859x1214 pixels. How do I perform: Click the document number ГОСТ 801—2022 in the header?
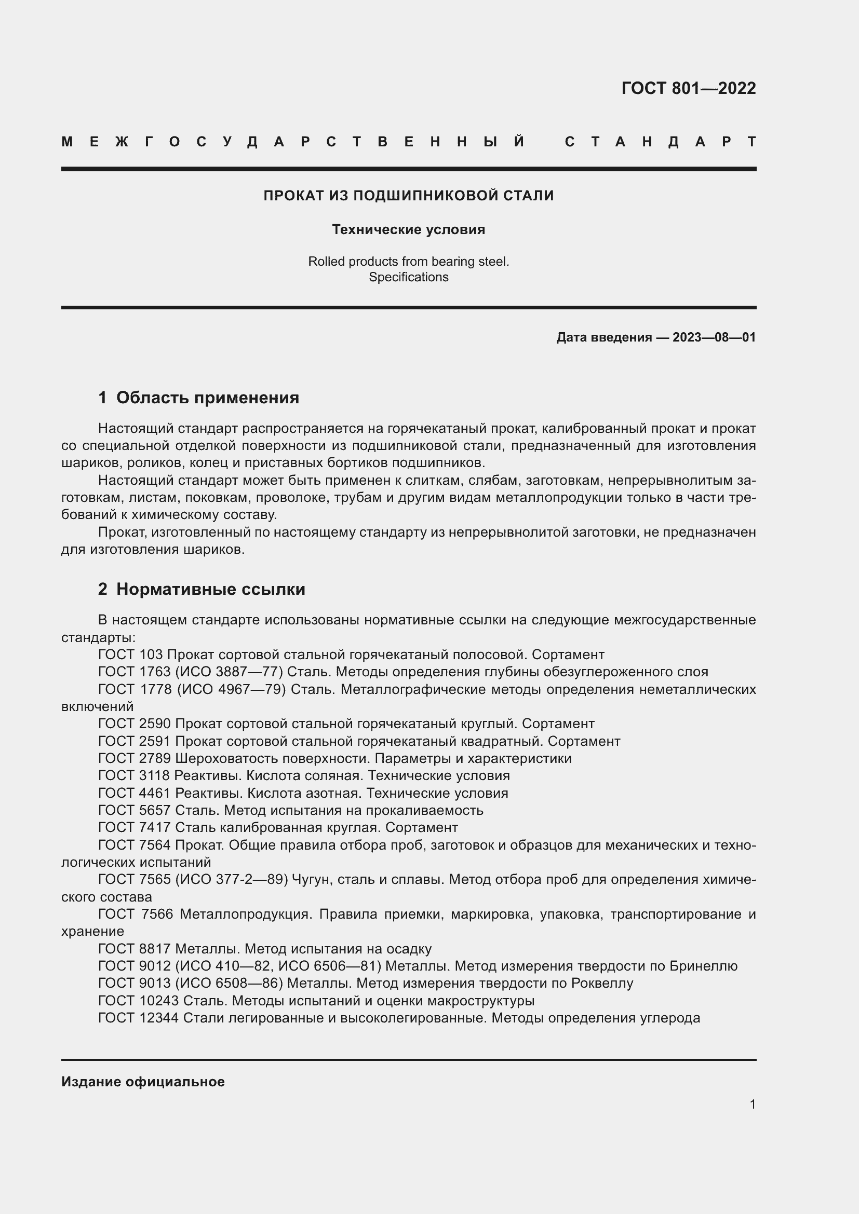pyautogui.click(x=688, y=88)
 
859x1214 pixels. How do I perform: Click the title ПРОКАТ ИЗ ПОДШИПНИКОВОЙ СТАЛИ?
pyautogui.click(x=408, y=196)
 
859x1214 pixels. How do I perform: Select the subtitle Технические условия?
pyautogui.click(x=408, y=229)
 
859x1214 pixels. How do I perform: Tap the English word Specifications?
pyautogui.click(x=408, y=277)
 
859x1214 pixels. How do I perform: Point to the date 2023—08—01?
pyautogui.click(x=714, y=337)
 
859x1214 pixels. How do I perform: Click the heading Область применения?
pyautogui.click(x=207, y=398)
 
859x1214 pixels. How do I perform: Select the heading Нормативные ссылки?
pyautogui.click(x=210, y=589)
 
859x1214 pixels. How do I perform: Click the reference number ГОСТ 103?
pyautogui.click(x=131, y=654)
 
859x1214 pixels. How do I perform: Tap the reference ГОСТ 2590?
pyautogui.click(x=135, y=724)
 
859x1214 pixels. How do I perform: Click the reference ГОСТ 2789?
pyautogui.click(x=135, y=759)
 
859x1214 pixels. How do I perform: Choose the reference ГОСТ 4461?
pyautogui.click(x=135, y=793)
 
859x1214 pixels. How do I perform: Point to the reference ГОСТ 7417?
pyautogui.click(x=135, y=827)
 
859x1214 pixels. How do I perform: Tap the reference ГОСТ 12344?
pyautogui.click(x=139, y=1018)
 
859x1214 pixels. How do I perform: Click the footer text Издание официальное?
pyautogui.click(x=143, y=1082)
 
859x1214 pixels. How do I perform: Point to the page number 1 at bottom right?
pyautogui.click(x=753, y=1104)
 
